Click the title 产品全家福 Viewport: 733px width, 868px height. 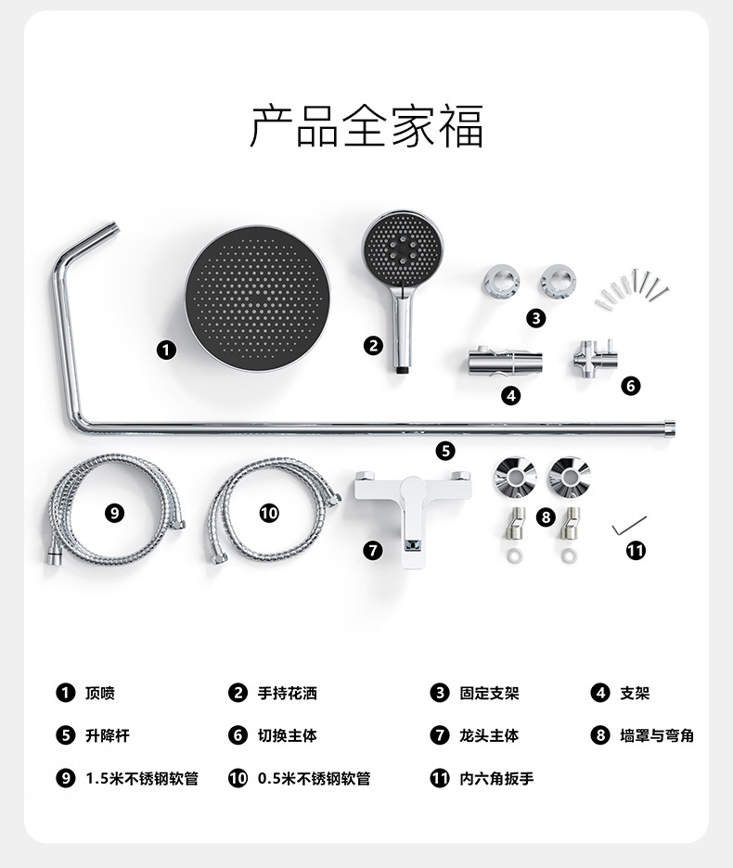(366, 126)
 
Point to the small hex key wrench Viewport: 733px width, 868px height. (629, 525)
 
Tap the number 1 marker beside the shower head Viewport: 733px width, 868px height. (166, 350)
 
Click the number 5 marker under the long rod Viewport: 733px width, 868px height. (446, 451)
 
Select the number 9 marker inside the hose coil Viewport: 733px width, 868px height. (114, 513)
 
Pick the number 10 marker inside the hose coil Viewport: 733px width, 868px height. (269, 513)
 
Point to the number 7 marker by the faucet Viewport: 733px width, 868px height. (372, 550)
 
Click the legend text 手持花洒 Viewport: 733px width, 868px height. (287, 693)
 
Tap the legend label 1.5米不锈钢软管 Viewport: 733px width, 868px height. (141, 779)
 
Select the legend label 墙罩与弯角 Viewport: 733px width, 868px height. (656, 735)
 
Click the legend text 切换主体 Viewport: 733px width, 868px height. (287, 735)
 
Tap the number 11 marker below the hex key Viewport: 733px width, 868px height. (635, 551)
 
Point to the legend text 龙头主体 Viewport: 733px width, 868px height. (489, 735)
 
